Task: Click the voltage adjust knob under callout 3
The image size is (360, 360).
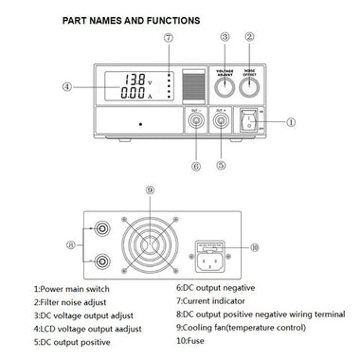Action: [x=225, y=86]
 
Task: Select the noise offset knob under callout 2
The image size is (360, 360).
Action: [x=251, y=86]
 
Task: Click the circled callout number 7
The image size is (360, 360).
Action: [x=168, y=38]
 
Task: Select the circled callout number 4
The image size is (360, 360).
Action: [x=67, y=86]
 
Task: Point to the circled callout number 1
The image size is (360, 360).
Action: [x=292, y=121]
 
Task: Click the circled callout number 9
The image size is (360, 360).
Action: [x=150, y=189]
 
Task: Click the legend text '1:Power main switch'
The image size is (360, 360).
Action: [x=71, y=288]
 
